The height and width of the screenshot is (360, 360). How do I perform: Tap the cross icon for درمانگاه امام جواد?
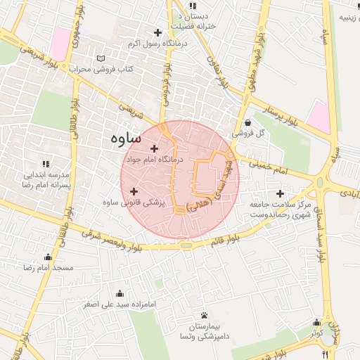pyautogui.click(x=155, y=148)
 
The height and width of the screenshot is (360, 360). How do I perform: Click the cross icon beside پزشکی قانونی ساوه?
pyautogui.click(x=134, y=191)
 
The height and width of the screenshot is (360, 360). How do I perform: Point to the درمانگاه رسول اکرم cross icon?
pyautogui.click(x=157, y=32)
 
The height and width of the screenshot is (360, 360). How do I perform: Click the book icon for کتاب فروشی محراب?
pyautogui.click(x=101, y=58)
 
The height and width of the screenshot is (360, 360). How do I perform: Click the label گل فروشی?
pyautogui.click(x=251, y=132)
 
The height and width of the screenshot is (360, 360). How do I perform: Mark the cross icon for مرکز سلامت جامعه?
pyautogui.click(x=281, y=193)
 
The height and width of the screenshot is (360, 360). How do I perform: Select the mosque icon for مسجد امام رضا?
pyautogui.click(x=48, y=257)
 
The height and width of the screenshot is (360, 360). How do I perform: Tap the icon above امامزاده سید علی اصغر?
pyautogui.click(x=120, y=293)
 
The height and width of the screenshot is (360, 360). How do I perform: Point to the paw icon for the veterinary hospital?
pyautogui.click(x=204, y=315)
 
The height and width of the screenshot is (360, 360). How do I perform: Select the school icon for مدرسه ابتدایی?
pyautogui.click(x=46, y=163)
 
